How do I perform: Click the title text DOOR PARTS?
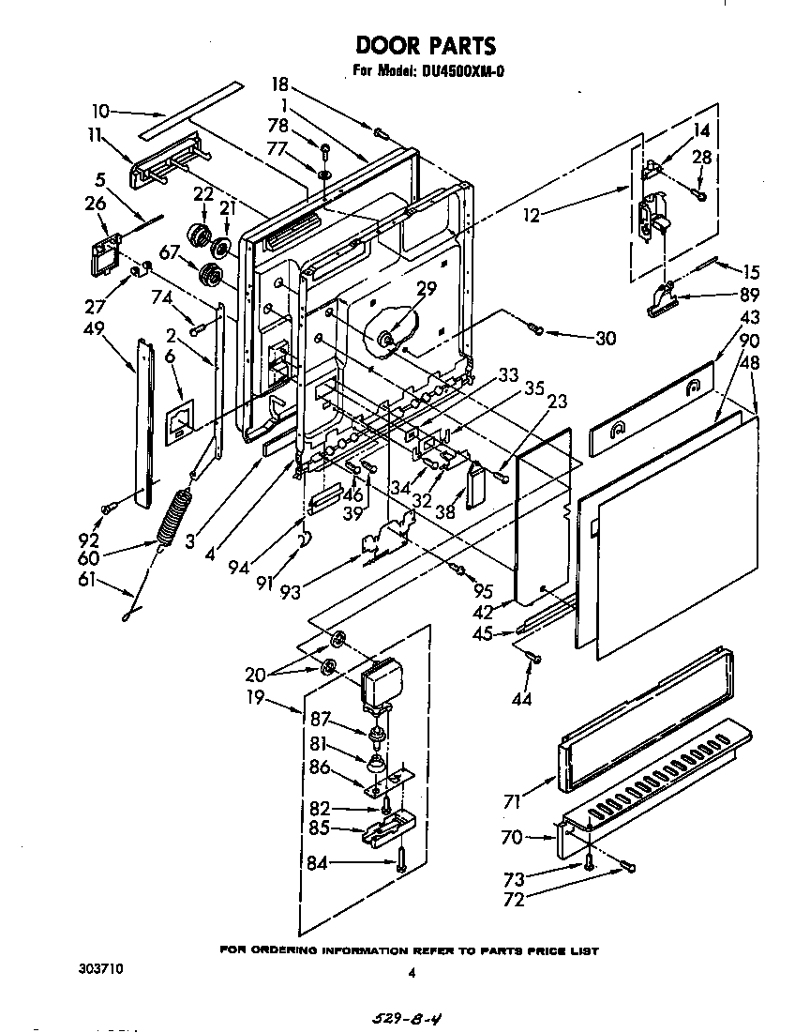(x=425, y=45)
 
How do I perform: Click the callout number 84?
(x=317, y=863)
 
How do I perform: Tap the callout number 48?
(x=749, y=361)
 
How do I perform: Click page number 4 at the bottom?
(x=411, y=973)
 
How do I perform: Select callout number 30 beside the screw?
(x=606, y=338)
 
